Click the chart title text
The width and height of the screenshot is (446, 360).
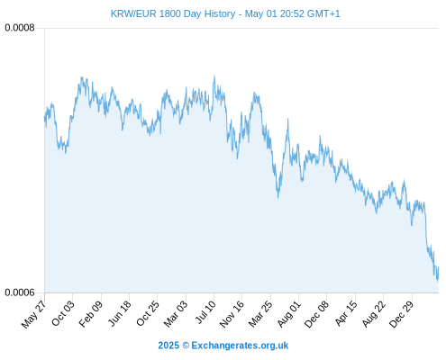pos(225,13)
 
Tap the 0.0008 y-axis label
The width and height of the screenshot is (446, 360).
pos(20,28)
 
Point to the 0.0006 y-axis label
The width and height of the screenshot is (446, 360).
pos(20,292)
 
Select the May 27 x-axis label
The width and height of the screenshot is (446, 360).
pos(34,314)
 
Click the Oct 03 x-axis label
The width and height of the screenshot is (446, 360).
pos(63,313)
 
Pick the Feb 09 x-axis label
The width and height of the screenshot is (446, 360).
pos(91,313)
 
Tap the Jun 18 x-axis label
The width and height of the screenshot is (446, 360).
pos(120,313)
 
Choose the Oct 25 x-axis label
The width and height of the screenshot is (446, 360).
pos(147,313)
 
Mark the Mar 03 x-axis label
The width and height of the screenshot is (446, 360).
pos(176,313)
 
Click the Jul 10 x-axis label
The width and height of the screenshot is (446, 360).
pos(205,312)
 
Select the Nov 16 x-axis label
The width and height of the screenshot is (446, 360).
pos(232,314)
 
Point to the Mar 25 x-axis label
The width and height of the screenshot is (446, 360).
pos(260,313)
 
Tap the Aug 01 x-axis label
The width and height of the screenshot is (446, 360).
pos(289,313)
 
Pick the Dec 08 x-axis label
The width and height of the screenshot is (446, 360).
pos(316,314)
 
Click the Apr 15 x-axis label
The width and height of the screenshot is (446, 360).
pos(346,313)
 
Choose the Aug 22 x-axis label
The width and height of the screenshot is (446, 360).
pos(374,313)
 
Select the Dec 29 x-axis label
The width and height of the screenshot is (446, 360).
pos(402,314)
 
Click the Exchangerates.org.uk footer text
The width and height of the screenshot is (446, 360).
pos(240,346)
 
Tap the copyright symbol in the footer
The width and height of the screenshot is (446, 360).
pos(186,346)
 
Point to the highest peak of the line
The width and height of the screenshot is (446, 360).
pos(214,76)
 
